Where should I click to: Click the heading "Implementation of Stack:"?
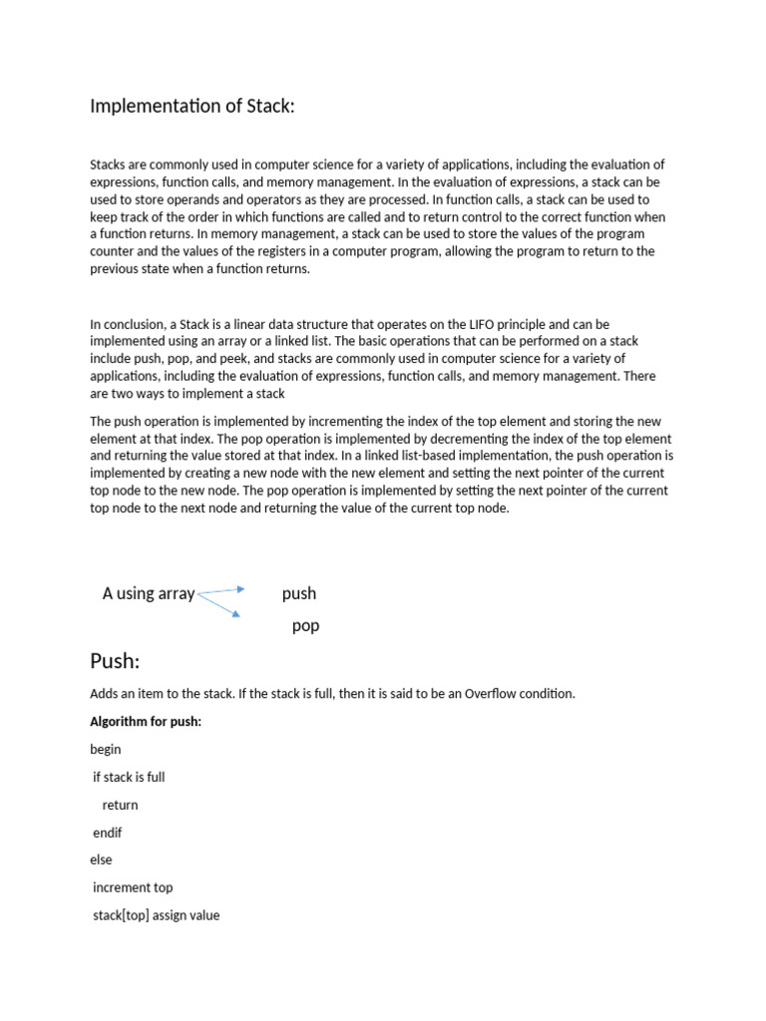[192, 106]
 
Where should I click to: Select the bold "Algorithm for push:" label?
[146, 721]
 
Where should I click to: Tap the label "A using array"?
[149, 593]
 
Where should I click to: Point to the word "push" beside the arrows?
[299, 593]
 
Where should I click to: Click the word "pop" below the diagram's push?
[305, 626]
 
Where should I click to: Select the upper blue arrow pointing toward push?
[222, 590]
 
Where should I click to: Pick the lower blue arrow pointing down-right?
[220, 604]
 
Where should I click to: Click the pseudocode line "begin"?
[106, 749]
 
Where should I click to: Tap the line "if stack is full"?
[129, 777]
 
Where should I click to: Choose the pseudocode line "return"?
[121, 805]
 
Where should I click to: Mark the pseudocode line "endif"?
[108, 833]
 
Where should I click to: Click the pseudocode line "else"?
[102, 859]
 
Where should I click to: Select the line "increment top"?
[133, 887]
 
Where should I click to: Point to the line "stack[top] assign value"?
[157, 914]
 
